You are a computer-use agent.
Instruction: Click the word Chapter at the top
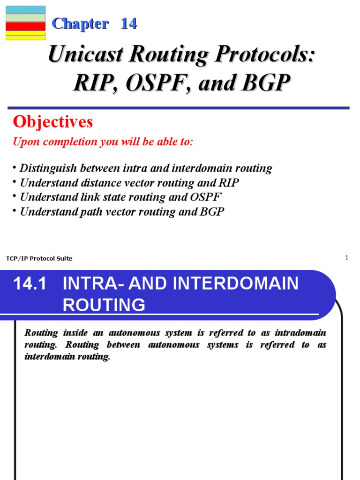click(80, 24)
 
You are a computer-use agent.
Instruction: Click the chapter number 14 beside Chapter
click(128, 24)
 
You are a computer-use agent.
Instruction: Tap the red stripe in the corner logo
click(25, 26)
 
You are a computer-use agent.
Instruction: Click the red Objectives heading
click(53, 122)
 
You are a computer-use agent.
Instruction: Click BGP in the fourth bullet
click(212, 211)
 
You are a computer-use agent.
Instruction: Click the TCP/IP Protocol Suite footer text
click(39, 258)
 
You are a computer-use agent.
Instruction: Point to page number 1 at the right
click(346, 258)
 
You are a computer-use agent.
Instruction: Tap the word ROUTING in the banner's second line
click(104, 305)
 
